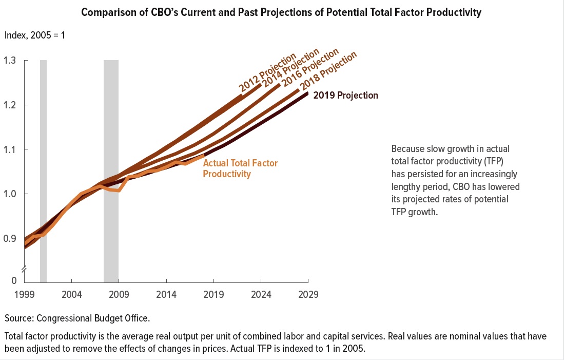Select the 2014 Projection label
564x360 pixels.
291,68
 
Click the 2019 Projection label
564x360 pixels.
345,96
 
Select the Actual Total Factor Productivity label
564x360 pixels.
240,168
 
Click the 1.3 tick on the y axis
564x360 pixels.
10,61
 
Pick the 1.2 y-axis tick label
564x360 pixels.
10,105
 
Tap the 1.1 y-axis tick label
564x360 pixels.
10,149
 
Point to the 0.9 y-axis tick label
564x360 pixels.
10,238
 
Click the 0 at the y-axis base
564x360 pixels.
14,281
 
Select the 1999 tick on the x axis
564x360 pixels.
24,295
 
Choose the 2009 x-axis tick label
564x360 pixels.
119,295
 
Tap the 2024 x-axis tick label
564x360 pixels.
261,295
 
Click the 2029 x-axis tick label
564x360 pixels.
308,295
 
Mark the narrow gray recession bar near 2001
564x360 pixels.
43,169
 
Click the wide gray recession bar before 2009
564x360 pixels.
111,169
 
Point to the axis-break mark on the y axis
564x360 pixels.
24,270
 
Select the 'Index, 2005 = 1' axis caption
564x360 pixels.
35,35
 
